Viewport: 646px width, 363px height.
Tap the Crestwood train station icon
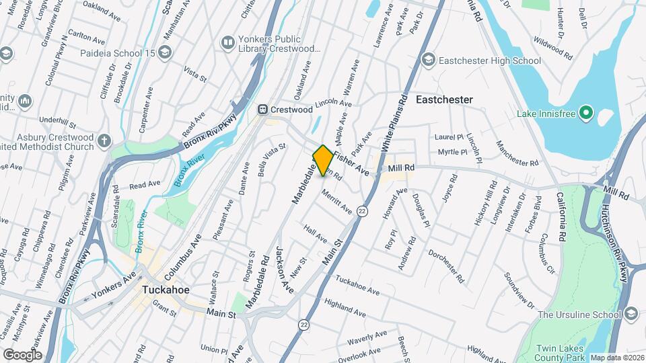point(264,110)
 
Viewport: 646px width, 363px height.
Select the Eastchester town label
point(444,99)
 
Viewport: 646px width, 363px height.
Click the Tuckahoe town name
point(166,290)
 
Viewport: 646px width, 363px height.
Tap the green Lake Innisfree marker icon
point(586,114)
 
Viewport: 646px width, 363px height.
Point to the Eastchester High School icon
point(427,61)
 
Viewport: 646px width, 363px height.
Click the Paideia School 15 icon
point(166,52)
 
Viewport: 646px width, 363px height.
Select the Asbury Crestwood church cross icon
point(103,141)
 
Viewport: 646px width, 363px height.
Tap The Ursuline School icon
point(631,315)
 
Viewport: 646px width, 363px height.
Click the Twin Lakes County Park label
point(562,354)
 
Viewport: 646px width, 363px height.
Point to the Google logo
point(22,354)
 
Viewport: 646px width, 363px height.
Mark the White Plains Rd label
point(395,122)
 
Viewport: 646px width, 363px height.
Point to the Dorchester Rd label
point(445,267)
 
